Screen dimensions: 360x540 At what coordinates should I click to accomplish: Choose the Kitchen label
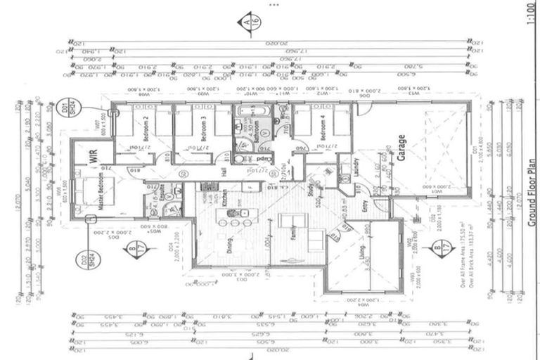point(225,197)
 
